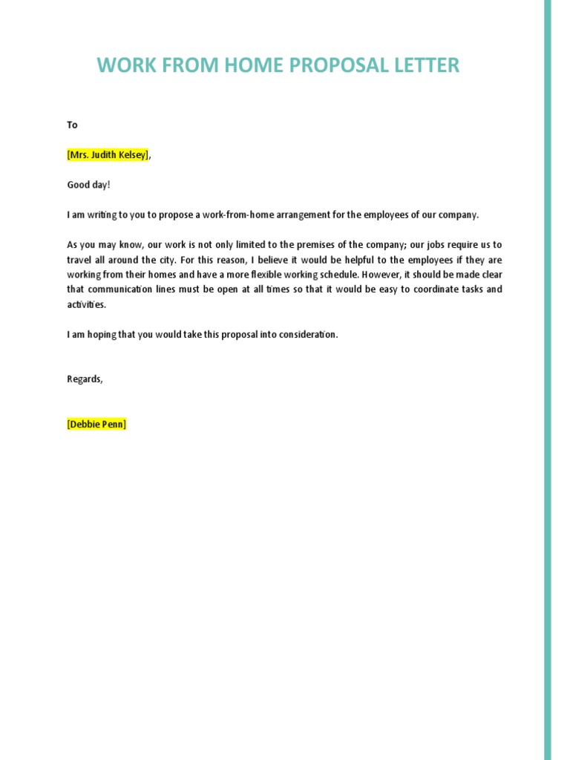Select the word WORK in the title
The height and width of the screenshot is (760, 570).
coord(121,65)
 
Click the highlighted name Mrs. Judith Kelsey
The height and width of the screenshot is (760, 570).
coord(108,154)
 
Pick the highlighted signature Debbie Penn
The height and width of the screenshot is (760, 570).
coord(96,424)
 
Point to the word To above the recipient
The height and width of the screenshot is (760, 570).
coord(72,125)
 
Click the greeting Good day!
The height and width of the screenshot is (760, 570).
coord(88,184)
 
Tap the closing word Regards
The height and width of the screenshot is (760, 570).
coord(85,379)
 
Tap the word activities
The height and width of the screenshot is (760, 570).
coord(86,304)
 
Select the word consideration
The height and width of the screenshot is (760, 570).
coord(308,334)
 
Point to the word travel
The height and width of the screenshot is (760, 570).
coord(81,259)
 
